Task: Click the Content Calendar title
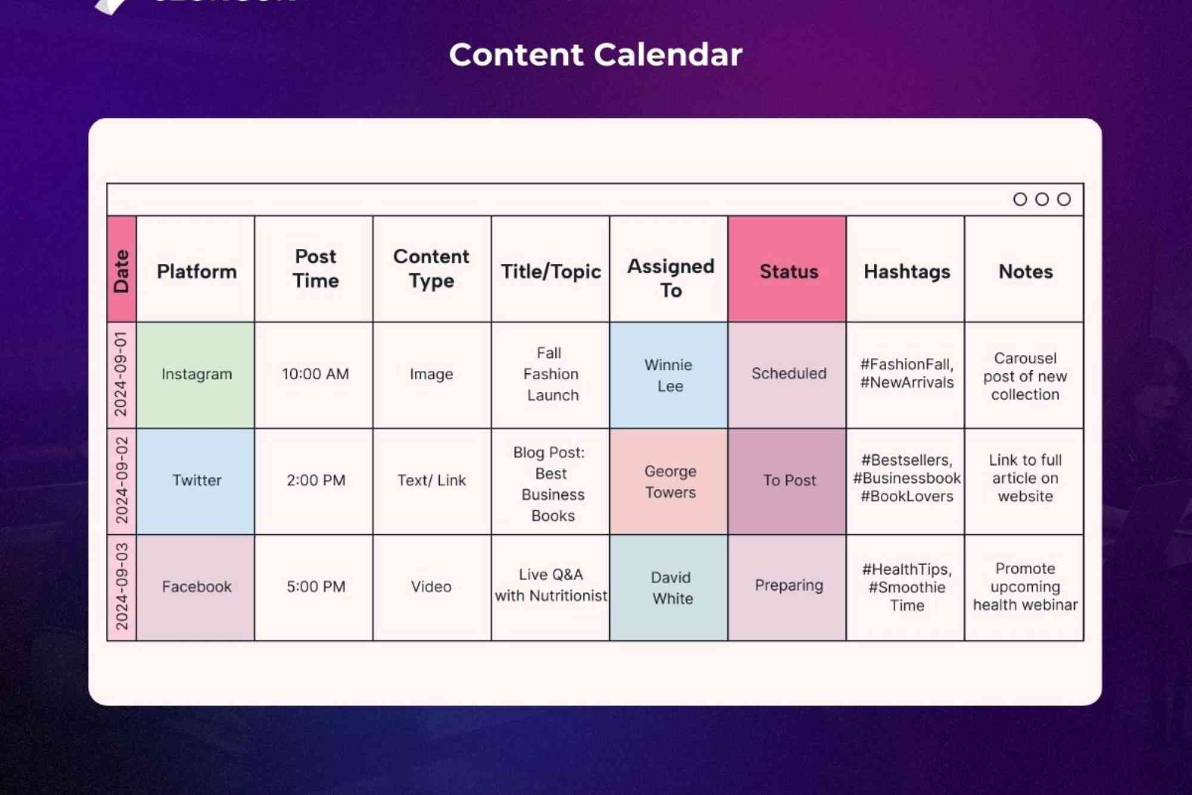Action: (595, 55)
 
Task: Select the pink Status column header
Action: (788, 271)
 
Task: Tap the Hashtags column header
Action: (907, 271)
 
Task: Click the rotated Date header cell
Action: (122, 270)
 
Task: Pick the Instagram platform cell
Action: (196, 374)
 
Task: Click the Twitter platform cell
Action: (196, 480)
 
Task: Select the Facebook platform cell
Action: (196, 587)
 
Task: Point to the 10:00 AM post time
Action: (315, 374)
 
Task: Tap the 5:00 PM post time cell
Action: (315, 587)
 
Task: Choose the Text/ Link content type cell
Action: (432, 480)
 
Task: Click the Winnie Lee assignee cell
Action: (669, 375)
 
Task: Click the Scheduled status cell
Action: (788, 373)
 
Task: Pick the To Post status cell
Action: (789, 480)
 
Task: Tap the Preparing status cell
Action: (789, 585)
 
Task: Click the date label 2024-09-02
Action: (122, 480)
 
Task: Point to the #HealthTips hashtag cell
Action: (907, 587)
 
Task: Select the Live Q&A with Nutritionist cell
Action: (550, 585)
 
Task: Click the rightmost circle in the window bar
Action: (1064, 199)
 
